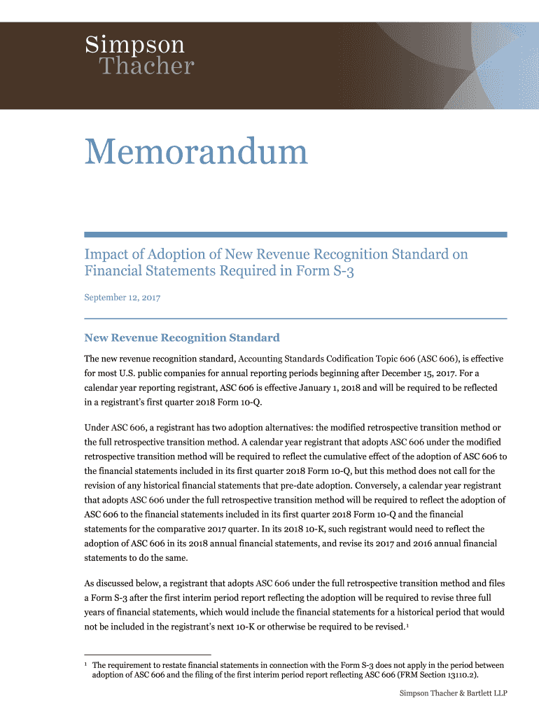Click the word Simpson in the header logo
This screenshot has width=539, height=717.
tap(135, 46)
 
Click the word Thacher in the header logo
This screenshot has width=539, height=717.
tap(146, 67)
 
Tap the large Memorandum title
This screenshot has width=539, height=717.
tap(196, 152)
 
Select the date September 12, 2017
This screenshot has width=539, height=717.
tap(122, 298)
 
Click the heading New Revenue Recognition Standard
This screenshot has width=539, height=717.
tap(182, 337)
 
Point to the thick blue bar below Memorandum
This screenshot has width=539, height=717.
tap(295, 235)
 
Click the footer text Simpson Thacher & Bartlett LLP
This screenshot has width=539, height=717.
tap(453, 693)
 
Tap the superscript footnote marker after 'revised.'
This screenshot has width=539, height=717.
tap(408, 625)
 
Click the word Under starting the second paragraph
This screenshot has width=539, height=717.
tap(97, 426)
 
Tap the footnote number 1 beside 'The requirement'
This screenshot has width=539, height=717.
tap(86, 664)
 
